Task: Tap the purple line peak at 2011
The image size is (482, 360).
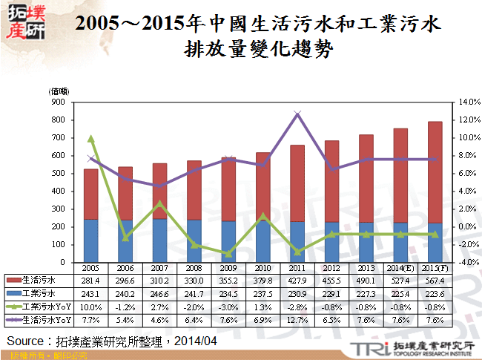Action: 297,114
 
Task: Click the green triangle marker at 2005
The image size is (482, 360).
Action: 90,138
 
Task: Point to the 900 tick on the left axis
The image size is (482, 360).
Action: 58,102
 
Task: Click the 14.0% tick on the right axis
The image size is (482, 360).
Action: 470,102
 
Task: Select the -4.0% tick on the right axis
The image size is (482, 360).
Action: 470,262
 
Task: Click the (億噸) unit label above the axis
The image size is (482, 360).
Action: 59,91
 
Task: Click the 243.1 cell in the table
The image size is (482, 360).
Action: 90,293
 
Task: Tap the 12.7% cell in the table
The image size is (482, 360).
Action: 297,319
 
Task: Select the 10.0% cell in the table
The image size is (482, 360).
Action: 90,307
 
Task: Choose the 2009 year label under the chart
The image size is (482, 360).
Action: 228,268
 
